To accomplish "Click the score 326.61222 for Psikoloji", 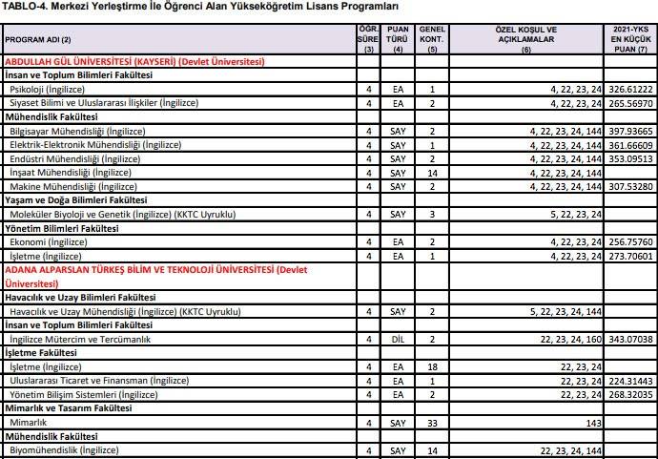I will [x=630, y=89].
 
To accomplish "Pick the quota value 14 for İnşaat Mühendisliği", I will [x=432, y=173].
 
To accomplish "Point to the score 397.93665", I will [x=630, y=131].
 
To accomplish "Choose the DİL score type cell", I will [x=399, y=339].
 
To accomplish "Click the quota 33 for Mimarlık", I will [x=432, y=421].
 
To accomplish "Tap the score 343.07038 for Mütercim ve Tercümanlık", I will [x=630, y=339].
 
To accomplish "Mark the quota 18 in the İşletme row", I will [x=432, y=366].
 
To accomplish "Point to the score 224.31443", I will [x=630, y=380].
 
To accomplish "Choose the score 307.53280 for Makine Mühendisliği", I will [x=630, y=187].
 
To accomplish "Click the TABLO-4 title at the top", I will [x=200, y=8].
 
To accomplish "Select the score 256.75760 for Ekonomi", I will [x=630, y=242].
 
